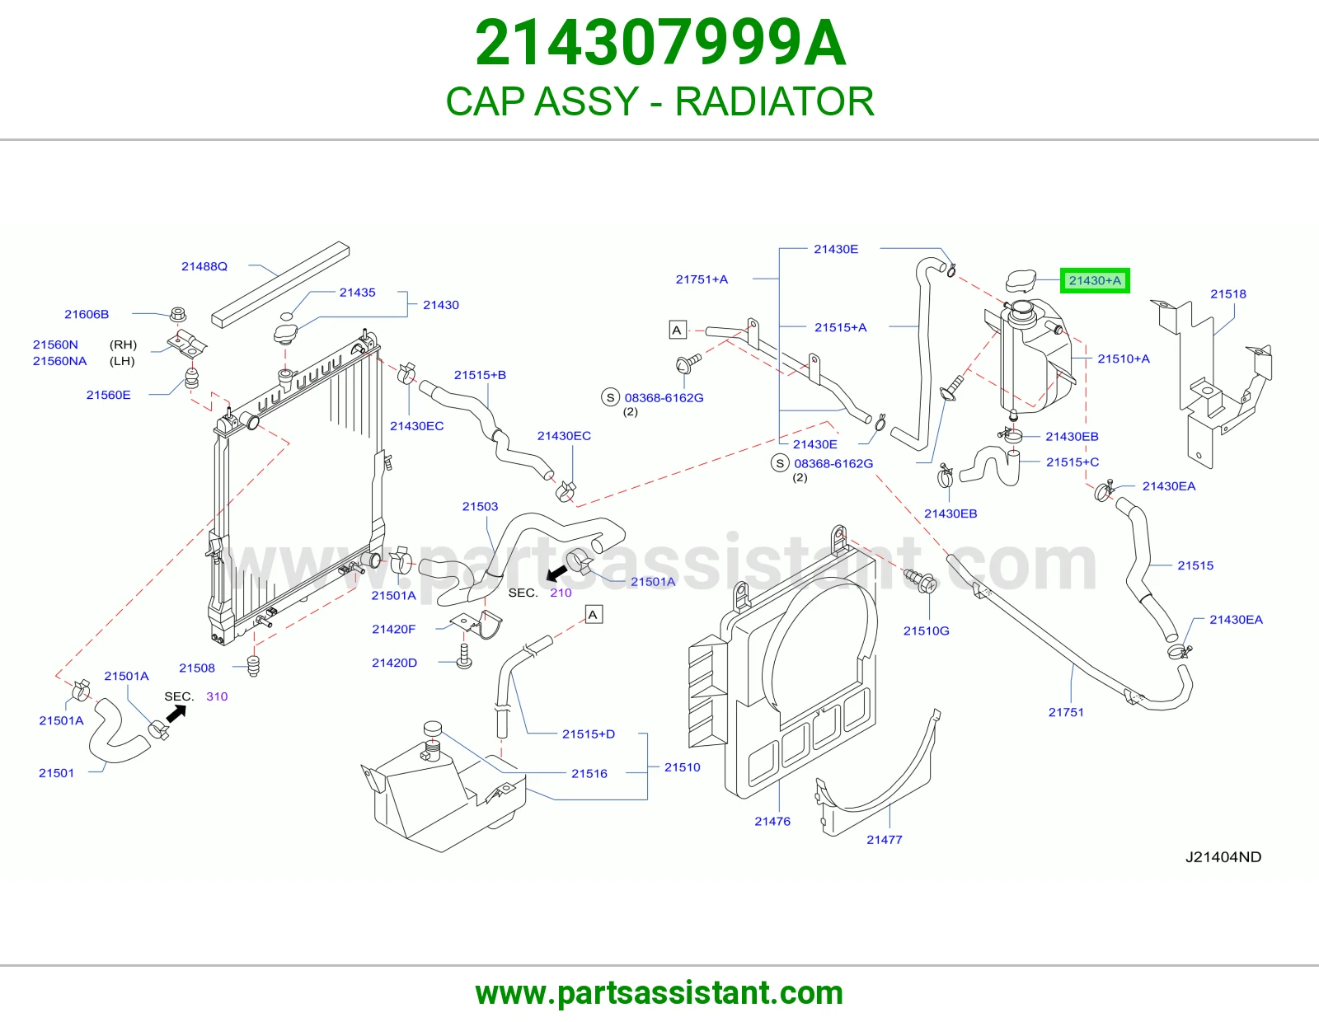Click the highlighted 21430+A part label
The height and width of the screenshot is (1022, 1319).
[1095, 280]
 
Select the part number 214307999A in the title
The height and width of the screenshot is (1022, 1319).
[659, 43]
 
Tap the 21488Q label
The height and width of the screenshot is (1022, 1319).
[204, 266]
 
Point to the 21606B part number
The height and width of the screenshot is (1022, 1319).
[87, 314]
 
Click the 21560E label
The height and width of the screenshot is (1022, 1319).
[109, 395]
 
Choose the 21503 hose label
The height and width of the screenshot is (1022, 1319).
[480, 506]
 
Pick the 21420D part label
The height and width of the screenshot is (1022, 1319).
[395, 663]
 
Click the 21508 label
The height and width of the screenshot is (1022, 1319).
[197, 668]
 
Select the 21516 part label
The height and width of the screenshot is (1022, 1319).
[589, 774]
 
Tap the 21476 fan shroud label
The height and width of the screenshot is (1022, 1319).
[772, 822]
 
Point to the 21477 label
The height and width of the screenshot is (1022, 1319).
[885, 840]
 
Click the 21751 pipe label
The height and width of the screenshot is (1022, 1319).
[1066, 712]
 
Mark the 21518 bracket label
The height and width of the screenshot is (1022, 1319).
[1228, 294]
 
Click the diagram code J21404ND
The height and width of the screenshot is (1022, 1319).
[1223, 857]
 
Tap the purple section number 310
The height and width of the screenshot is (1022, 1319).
[217, 696]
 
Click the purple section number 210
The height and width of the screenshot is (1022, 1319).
[561, 593]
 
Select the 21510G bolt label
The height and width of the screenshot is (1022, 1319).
[927, 631]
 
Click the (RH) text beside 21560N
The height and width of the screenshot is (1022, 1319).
[123, 345]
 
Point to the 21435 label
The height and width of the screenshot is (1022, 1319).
[358, 293]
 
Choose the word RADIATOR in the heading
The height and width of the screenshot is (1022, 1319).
[775, 101]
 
